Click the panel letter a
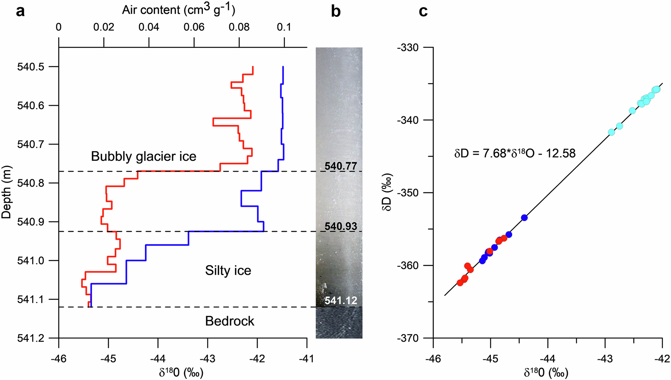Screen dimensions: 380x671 (x=20, y=11)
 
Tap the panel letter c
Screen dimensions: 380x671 (x=423, y=11)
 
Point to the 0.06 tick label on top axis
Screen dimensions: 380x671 (x=194, y=27)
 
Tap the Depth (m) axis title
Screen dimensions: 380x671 (x=7, y=192)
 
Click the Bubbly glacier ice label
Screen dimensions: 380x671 (x=143, y=156)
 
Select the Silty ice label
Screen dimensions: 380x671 (x=228, y=271)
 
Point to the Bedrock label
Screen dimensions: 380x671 (x=229, y=321)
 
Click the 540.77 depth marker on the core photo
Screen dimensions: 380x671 (x=340, y=166)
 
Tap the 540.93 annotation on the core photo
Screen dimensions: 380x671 (x=340, y=226)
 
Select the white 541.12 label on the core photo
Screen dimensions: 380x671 (x=340, y=301)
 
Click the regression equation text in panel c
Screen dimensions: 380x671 (x=515, y=154)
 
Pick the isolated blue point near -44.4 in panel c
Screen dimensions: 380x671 (x=524, y=218)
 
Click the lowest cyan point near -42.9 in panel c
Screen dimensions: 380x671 (x=611, y=132)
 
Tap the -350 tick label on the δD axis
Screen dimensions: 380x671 (x=408, y=193)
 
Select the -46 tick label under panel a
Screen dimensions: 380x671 (x=58, y=359)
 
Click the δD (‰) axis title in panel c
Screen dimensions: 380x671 (x=387, y=192)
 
